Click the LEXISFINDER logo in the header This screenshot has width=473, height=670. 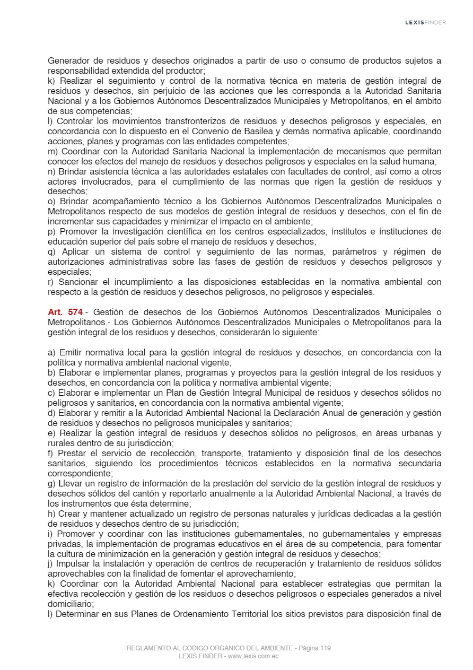pyautogui.click(x=425, y=22)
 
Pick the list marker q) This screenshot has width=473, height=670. pyautogui.click(x=52, y=251)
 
